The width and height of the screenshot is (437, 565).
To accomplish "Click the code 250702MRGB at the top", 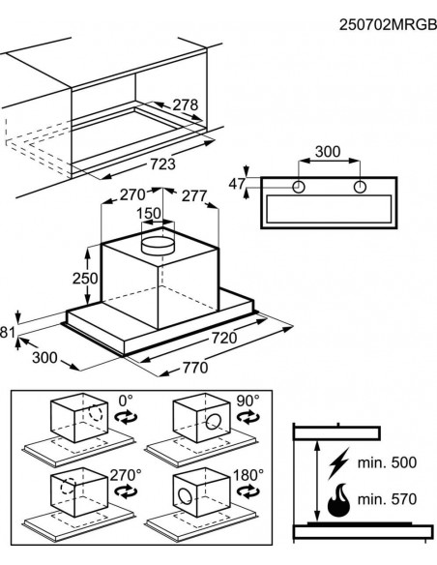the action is pyautogui.click(x=388, y=25).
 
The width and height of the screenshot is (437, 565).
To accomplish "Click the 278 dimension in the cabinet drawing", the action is pyautogui.click(x=186, y=104).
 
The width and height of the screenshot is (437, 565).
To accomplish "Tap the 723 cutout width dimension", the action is pyautogui.click(x=162, y=164).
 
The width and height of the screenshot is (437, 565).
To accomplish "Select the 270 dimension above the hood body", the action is pyautogui.click(x=132, y=194).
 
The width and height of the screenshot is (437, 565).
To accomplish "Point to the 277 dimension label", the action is pyautogui.click(x=194, y=196).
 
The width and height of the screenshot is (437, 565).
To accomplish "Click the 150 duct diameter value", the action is pyautogui.click(x=149, y=213).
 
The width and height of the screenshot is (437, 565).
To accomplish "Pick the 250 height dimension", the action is pyautogui.click(x=85, y=279).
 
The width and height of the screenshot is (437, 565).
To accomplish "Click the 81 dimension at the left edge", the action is pyautogui.click(x=7, y=332).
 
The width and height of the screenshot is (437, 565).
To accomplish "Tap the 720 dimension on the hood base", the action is pyautogui.click(x=224, y=338).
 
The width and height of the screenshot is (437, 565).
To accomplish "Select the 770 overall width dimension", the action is pyautogui.click(x=195, y=368).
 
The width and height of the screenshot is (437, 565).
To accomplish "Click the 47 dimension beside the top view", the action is pyautogui.click(x=237, y=184).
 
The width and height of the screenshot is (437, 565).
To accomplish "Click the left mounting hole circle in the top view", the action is pyautogui.click(x=299, y=187).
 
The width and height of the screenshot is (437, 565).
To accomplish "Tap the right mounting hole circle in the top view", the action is pyautogui.click(x=360, y=187).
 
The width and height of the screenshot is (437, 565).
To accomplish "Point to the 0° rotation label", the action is pyautogui.click(x=126, y=401).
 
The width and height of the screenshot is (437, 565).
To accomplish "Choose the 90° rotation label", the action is pyautogui.click(x=248, y=401).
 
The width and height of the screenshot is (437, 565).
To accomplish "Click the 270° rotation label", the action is pyautogui.click(x=126, y=475).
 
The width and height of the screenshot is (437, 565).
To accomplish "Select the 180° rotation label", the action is pyautogui.click(x=248, y=475).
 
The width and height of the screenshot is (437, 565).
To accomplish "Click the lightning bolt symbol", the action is pyautogui.click(x=338, y=463).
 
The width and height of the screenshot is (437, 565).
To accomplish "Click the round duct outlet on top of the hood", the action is pyautogui.click(x=159, y=246).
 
